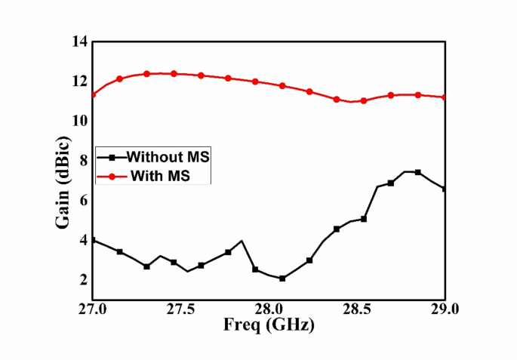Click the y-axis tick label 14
(x=78, y=42)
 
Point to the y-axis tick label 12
(x=78, y=82)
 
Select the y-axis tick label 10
(x=78, y=121)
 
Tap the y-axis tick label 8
(x=82, y=161)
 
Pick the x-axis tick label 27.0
(x=92, y=310)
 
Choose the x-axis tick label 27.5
(x=180, y=310)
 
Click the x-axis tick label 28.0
(x=269, y=310)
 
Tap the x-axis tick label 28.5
(x=357, y=310)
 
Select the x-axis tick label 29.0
(x=445, y=310)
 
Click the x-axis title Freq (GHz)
(x=268, y=326)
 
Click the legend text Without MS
(x=168, y=158)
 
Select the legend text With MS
(x=159, y=177)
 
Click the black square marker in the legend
(x=112, y=158)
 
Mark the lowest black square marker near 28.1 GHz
(x=282, y=278)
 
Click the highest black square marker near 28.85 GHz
(x=417, y=173)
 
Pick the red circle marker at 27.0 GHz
(x=93, y=95)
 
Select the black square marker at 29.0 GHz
(x=445, y=189)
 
